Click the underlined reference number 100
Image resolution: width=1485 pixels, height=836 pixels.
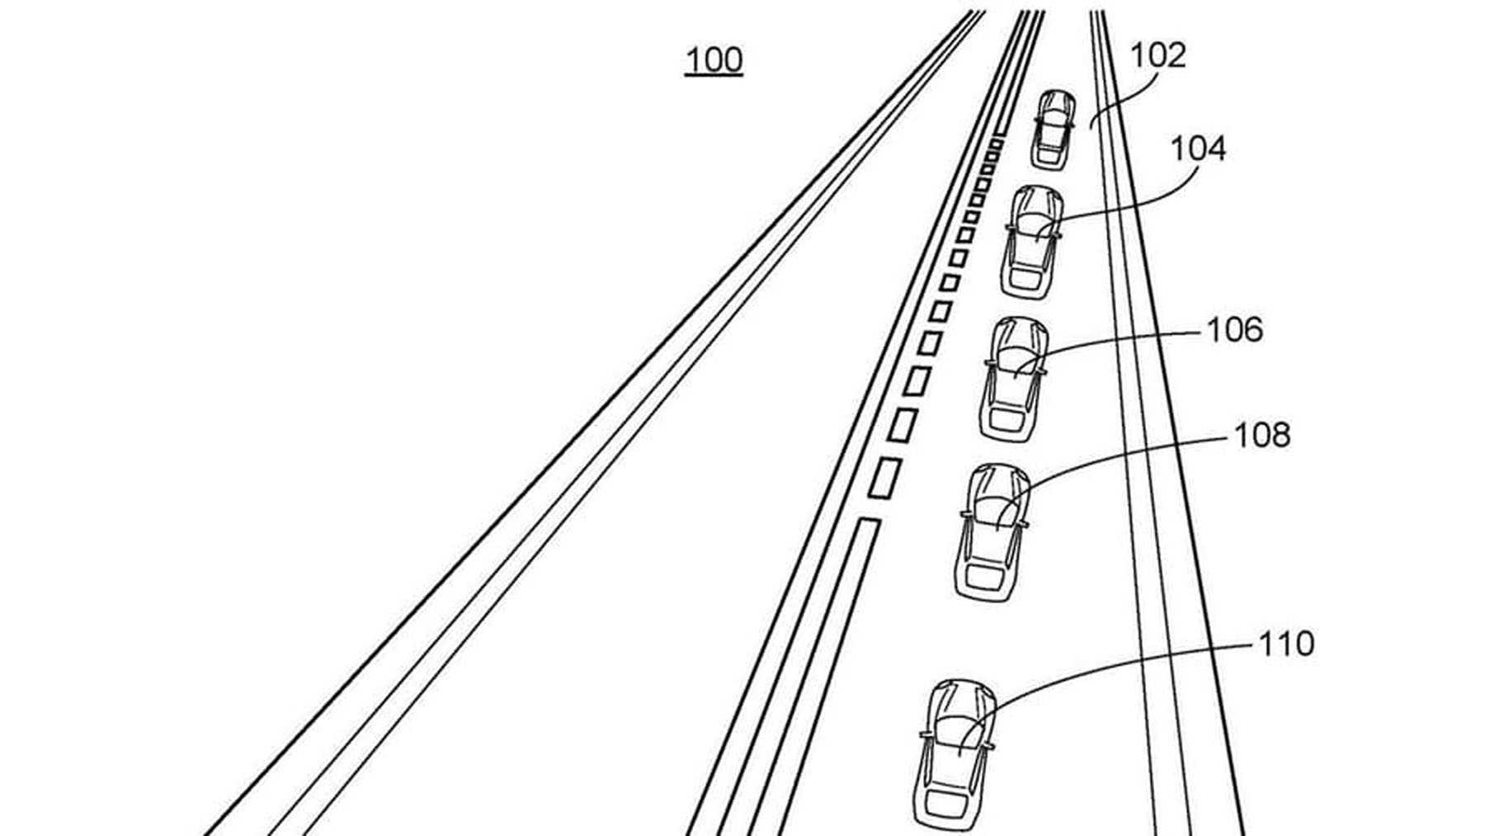[714, 61]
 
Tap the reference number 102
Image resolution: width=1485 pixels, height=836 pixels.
[1157, 55]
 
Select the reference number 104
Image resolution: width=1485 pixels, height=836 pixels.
[1198, 149]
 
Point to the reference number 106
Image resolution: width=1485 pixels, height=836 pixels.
[1234, 330]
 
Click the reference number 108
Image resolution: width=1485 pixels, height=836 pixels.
[1261, 435]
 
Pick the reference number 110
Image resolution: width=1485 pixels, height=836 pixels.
[1285, 644]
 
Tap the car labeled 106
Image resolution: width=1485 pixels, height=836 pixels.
[1014, 378]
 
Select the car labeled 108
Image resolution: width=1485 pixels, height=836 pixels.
[992, 532]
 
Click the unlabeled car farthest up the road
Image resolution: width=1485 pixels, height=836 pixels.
[1053, 130]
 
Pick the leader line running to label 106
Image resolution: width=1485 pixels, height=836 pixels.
[1122, 338]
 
